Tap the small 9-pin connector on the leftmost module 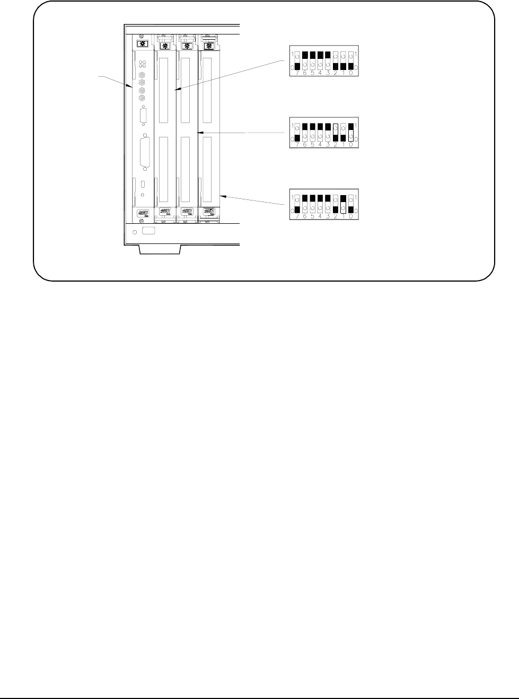pos(143,117)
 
